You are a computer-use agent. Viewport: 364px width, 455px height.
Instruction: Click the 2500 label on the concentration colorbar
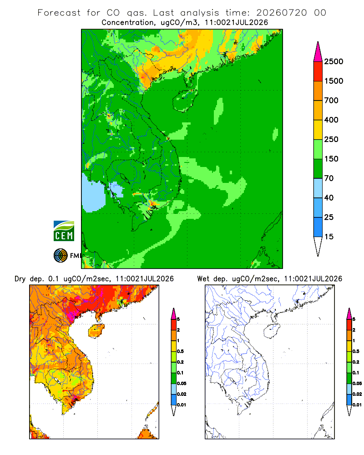point(334,61)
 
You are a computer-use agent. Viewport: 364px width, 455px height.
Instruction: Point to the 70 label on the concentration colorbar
point(329,178)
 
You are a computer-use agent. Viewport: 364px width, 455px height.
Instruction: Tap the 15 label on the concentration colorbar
point(329,237)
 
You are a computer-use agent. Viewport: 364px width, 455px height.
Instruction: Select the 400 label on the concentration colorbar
point(331,120)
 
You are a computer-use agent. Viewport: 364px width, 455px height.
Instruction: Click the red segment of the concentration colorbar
point(318,71)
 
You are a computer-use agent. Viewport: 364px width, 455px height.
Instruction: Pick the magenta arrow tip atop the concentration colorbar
point(318,52)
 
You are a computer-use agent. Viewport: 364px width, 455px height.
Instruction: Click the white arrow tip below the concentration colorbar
point(318,246)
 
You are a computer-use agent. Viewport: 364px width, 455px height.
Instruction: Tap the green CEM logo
point(64,231)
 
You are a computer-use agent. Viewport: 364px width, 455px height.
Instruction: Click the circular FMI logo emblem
point(61,256)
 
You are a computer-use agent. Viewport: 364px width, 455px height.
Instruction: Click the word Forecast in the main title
point(59,13)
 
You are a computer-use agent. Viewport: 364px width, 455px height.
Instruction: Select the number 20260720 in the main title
point(282,13)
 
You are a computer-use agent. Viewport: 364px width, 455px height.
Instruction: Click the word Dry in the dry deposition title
point(20,279)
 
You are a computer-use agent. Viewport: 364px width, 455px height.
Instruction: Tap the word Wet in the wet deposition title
point(203,279)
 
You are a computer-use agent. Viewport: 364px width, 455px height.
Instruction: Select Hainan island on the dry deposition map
point(96,331)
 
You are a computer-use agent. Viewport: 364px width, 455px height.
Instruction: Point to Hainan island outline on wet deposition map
point(272,331)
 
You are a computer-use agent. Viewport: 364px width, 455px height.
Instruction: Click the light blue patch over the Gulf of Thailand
point(93,193)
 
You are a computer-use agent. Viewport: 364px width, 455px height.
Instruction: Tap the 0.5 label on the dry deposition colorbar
point(180,351)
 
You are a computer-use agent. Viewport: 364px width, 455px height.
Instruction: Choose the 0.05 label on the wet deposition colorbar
point(357,384)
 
